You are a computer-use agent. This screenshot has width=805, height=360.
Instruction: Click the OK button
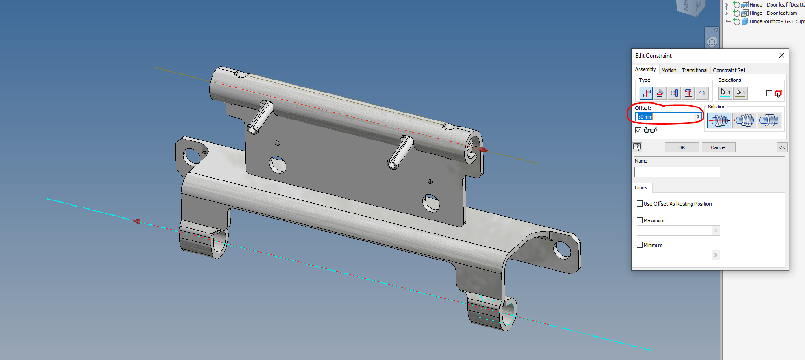[x=681, y=147]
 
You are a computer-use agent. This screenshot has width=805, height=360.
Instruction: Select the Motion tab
[x=669, y=70]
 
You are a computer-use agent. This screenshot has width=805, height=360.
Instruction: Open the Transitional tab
[x=694, y=70]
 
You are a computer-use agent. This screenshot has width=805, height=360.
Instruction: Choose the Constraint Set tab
[x=729, y=70]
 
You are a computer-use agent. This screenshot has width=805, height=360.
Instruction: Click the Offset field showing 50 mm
[x=665, y=117]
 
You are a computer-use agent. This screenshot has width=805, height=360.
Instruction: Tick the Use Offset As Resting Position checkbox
[x=639, y=204]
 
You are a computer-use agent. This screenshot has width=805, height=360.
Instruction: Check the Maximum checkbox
[x=639, y=220]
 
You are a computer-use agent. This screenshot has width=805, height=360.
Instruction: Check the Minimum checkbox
[x=639, y=245]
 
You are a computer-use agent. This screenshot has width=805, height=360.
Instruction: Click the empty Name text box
[x=677, y=172]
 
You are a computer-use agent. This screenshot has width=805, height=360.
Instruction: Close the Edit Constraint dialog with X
[x=781, y=55]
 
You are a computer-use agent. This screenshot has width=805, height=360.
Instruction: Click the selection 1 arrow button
[x=725, y=93]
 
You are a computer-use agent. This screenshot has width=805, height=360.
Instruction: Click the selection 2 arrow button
[x=740, y=93]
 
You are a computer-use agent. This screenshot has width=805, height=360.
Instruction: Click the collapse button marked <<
[x=782, y=147]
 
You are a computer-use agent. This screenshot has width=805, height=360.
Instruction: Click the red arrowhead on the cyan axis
[x=136, y=221]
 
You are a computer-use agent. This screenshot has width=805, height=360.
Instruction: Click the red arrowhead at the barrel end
[x=484, y=150]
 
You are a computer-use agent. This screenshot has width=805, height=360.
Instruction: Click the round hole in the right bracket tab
[x=562, y=250]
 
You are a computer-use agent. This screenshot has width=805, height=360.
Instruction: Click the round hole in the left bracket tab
[x=191, y=156]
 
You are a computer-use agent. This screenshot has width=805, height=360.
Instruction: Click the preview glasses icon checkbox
[x=639, y=130]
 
